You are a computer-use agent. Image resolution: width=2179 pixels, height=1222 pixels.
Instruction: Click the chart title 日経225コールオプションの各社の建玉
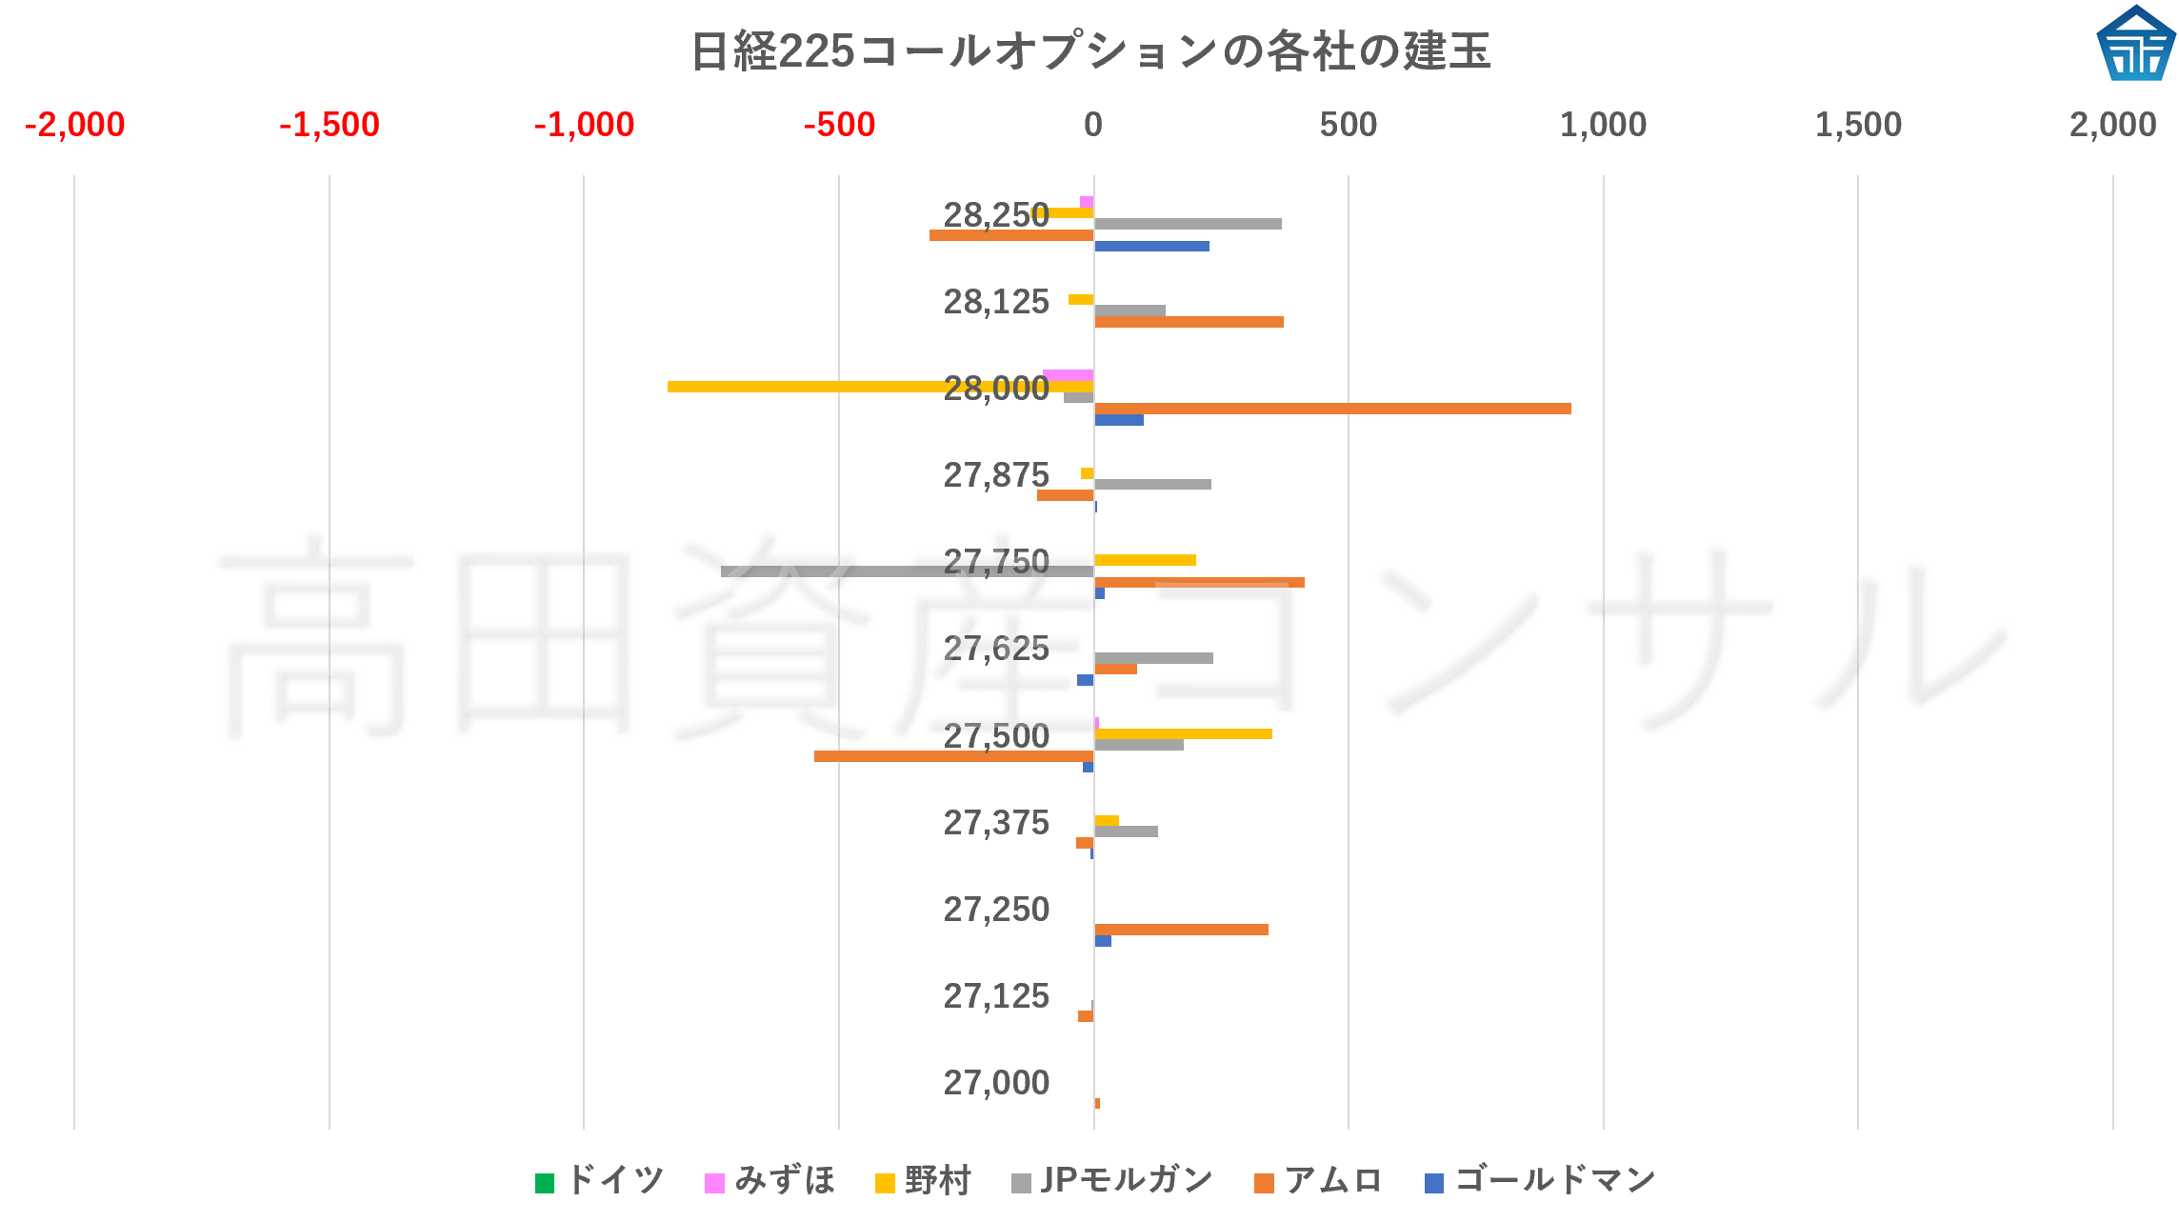pos(1089,51)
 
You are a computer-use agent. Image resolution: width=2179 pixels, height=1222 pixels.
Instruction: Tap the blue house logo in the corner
pos(2135,45)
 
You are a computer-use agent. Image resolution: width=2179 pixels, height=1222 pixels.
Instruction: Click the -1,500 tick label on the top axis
pos(330,125)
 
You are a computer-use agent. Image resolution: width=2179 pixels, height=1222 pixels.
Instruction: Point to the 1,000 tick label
pos(1603,125)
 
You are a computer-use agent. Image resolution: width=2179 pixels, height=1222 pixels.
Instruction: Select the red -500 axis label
pos(839,125)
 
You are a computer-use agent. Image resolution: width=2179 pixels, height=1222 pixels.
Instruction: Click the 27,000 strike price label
pos(996,1083)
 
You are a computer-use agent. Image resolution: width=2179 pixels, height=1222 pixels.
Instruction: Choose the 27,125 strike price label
pos(996,996)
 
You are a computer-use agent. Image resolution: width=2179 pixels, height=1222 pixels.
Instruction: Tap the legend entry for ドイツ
pos(600,1181)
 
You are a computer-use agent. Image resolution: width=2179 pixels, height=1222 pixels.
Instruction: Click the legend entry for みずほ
pos(770,1181)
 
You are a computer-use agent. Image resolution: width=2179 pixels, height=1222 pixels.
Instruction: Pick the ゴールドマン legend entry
pos(1540,1181)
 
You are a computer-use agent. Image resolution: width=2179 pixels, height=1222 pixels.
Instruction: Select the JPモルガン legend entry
pos(1112,1181)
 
